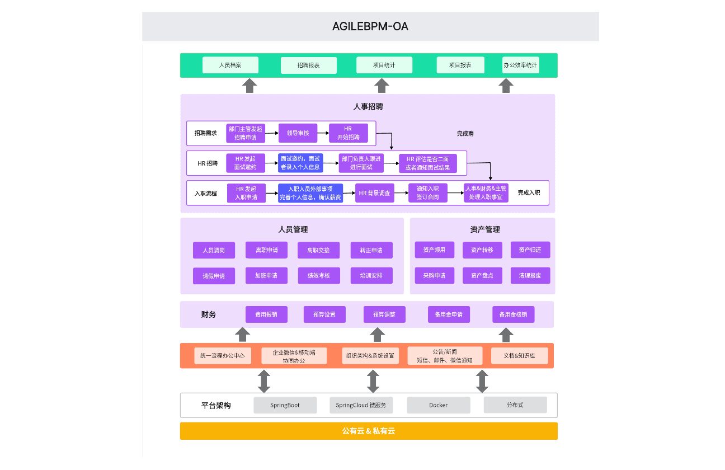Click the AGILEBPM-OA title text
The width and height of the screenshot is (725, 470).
click(370, 26)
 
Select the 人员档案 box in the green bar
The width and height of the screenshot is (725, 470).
click(230, 65)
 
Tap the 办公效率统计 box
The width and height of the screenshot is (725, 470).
click(520, 65)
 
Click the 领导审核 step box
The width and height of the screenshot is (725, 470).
click(298, 133)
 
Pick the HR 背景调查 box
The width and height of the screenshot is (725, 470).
click(375, 193)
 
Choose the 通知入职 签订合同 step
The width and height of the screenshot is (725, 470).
click(427, 193)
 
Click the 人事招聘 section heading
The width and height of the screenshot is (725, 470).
click(368, 106)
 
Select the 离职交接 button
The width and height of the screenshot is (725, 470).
click(318, 250)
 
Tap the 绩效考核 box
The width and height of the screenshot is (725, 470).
click(318, 276)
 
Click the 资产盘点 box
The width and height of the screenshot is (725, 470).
click(482, 275)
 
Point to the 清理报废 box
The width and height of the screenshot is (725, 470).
click(530, 275)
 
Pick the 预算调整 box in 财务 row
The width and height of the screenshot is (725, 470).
click(384, 314)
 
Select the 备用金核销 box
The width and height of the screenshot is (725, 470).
click(513, 314)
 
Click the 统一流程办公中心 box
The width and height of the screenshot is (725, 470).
click(222, 356)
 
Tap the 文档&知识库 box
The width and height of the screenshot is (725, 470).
click(519, 356)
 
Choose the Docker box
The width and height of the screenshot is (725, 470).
click(438, 405)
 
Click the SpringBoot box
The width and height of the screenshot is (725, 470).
click(285, 405)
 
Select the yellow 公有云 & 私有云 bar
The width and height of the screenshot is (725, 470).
click(368, 431)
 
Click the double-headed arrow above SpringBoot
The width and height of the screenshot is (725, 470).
click(264, 381)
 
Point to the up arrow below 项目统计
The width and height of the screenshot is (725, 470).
click(382, 86)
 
